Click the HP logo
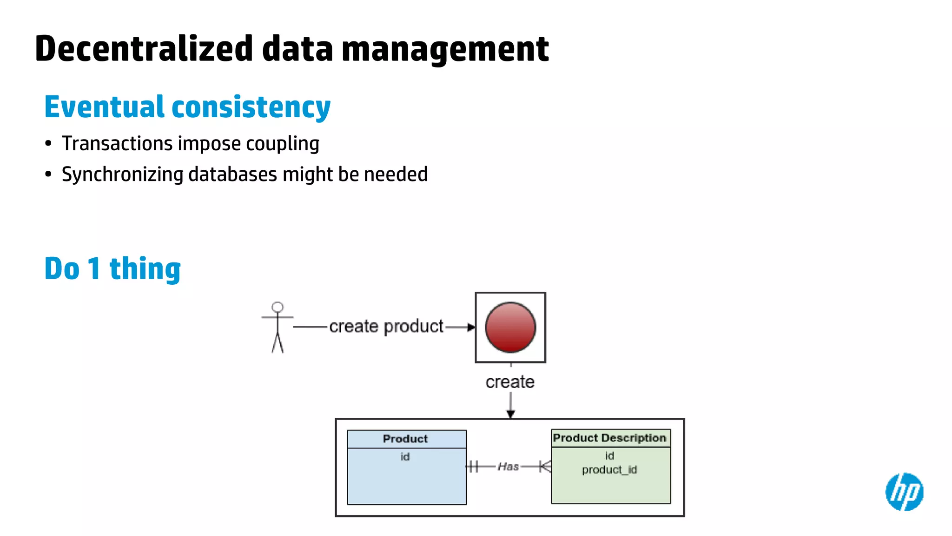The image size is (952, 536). [904, 492]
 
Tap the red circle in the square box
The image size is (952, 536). [510, 328]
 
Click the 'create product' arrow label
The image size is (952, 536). [386, 327]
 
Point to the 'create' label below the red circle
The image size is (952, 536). [510, 382]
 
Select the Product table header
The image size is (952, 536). [406, 439]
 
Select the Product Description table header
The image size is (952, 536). [610, 438]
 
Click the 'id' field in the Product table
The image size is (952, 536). [405, 457]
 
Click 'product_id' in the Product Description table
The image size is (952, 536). [609, 470]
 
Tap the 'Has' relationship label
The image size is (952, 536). [508, 467]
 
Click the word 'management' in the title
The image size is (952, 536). [445, 49]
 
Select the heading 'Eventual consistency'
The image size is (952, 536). [187, 107]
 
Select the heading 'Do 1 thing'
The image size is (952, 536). [112, 268]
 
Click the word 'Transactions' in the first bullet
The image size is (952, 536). [117, 144]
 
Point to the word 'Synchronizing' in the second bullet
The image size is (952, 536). [123, 174]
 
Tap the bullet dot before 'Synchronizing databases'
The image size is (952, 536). [48, 174]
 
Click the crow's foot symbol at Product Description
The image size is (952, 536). [546, 466]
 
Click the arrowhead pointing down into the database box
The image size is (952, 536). [510, 414]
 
